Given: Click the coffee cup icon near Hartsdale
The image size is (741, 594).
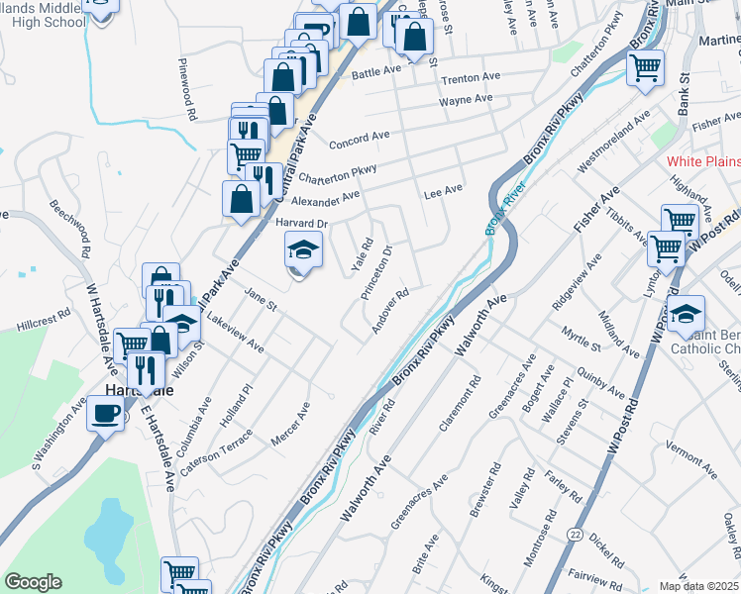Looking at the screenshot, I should (105, 414).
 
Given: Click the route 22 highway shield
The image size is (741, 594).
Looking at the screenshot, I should (575, 533).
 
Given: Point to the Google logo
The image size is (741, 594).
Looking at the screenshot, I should (33, 582).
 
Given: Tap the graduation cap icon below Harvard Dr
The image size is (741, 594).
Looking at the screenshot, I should (304, 251).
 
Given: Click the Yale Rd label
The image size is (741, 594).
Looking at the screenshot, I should (361, 254).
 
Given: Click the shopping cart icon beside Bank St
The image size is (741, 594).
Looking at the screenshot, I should (645, 69).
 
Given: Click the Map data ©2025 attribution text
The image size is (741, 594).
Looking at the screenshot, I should (698, 586).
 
